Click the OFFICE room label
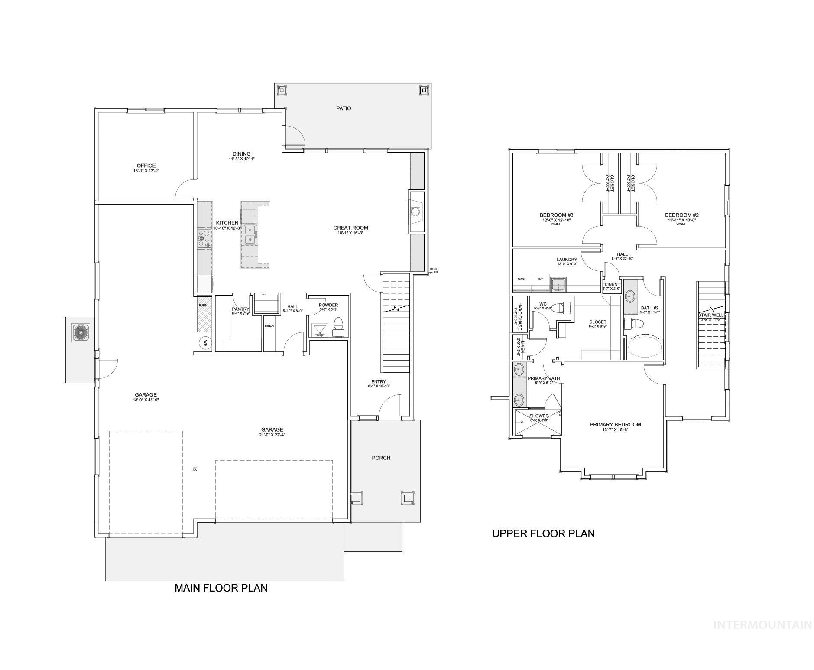(x=146, y=166)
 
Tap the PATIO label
(x=344, y=108)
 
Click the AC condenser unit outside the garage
(x=81, y=332)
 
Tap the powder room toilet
(x=338, y=327)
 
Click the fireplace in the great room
(x=415, y=212)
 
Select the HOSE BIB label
(x=434, y=270)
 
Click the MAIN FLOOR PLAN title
(x=221, y=588)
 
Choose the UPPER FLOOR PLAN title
(x=543, y=533)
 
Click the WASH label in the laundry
(x=522, y=279)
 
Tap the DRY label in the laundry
(x=540, y=279)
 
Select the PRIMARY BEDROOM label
(x=615, y=425)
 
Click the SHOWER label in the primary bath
(x=538, y=416)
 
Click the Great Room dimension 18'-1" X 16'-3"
(x=350, y=233)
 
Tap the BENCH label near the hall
(x=269, y=326)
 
